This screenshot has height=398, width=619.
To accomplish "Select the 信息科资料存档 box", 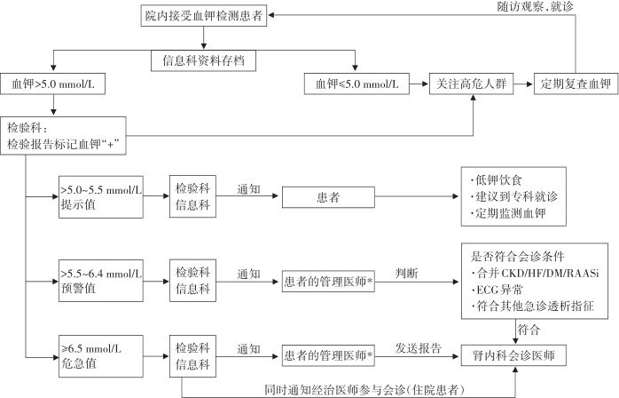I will [202, 61].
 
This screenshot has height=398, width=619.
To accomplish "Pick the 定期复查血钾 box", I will [576, 84].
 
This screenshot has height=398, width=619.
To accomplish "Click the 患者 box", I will [326, 196].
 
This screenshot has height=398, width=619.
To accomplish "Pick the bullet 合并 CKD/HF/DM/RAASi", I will [535, 273].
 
